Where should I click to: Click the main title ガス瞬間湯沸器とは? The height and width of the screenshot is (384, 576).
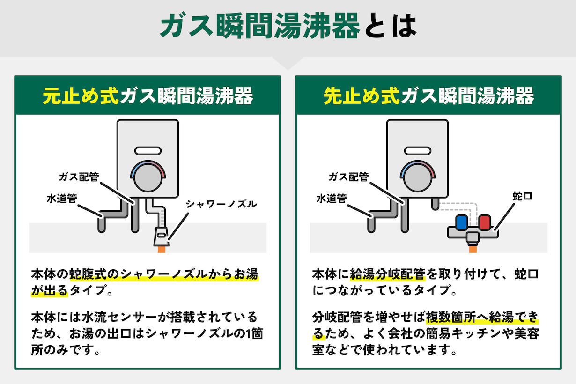[x=288, y=27]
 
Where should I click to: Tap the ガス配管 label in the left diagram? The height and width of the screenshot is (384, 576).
[x=79, y=177]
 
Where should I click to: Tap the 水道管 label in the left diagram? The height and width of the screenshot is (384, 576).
[x=61, y=198]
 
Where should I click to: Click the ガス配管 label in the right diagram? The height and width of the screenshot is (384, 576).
[x=348, y=177]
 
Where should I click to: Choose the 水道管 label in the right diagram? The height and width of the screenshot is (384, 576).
[x=331, y=198]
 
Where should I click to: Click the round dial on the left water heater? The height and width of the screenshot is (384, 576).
[x=148, y=179]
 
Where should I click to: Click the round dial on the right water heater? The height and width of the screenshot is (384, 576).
[x=418, y=179]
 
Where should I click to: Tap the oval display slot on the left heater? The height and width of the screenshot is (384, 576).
[x=148, y=151]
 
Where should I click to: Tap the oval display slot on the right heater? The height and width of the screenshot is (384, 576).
[x=418, y=151]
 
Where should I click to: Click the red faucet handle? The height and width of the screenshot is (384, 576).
[x=485, y=222]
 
